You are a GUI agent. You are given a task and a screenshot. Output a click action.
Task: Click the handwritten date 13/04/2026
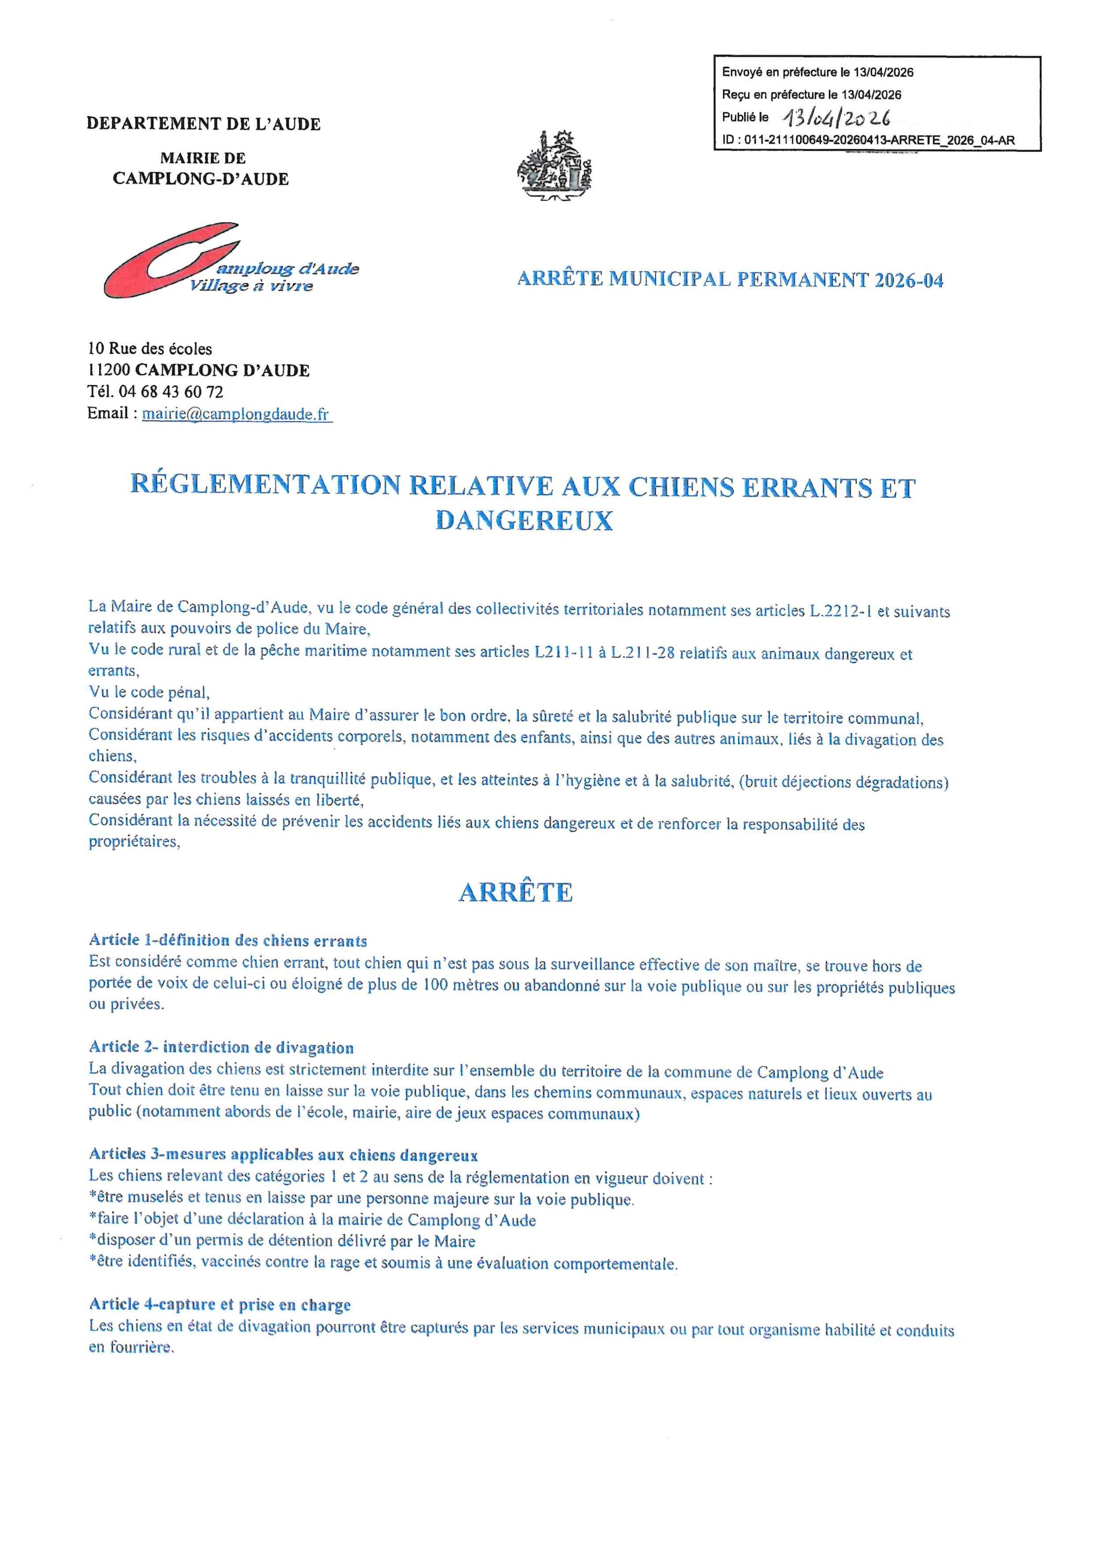(x=836, y=119)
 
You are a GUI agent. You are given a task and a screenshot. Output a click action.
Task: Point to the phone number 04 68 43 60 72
(x=171, y=391)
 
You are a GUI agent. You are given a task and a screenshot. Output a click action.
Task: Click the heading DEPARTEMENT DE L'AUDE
(x=204, y=124)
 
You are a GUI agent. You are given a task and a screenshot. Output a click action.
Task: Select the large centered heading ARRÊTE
(x=516, y=892)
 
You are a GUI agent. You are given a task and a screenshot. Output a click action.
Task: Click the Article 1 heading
(x=228, y=941)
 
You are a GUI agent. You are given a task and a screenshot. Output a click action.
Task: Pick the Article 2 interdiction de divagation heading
(x=221, y=1047)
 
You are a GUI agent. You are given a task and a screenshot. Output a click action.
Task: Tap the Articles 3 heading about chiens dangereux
(x=283, y=1155)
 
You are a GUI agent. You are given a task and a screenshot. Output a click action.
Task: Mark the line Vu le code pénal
(x=150, y=692)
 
